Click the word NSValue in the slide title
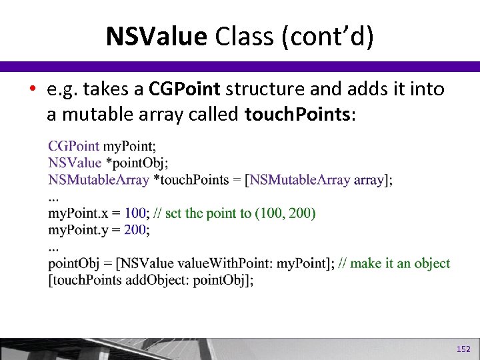point(156,37)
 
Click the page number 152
point(463,349)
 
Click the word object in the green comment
point(432,263)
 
